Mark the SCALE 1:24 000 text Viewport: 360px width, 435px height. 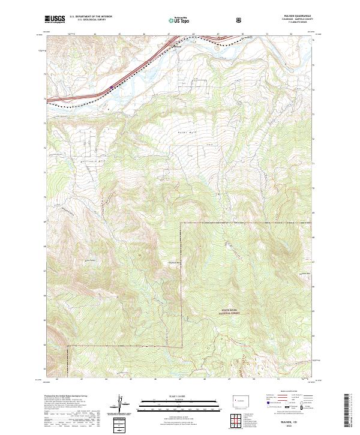click(x=180, y=394)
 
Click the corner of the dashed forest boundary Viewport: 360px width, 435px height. click(x=181, y=223)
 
